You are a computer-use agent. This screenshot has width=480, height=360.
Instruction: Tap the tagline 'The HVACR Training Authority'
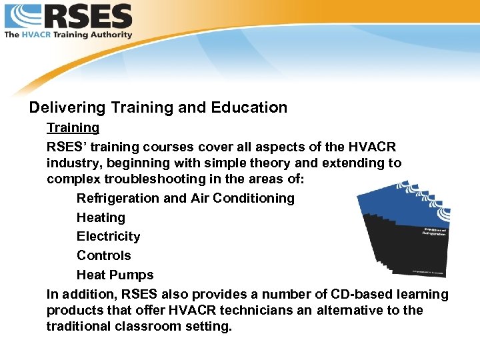[x=69, y=34]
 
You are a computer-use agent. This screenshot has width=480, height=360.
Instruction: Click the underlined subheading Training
[x=73, y=127]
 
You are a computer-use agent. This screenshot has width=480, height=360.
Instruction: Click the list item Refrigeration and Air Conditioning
[x=185, y=198]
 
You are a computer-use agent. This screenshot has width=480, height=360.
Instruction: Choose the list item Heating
[x=101, y=217]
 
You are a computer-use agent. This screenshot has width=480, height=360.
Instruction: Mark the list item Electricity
[x=108, y=236]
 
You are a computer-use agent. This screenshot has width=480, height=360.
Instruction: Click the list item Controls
[x=103, y=255]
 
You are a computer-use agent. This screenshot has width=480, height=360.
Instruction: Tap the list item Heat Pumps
[x=115, y=275]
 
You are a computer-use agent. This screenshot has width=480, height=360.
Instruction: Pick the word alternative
[x=354, y=310]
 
